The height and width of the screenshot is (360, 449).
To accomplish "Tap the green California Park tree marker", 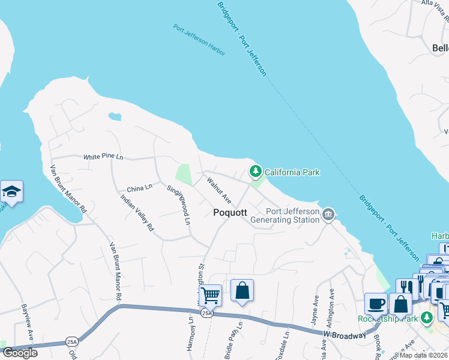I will tap(256, 172).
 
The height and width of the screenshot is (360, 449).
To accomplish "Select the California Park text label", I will tap(292, 173).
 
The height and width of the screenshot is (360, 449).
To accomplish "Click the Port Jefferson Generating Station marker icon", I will tap(328, 214).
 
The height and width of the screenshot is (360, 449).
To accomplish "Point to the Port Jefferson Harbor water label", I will tap(199, 40).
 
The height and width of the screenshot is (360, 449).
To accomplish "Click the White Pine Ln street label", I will tap(103, 157).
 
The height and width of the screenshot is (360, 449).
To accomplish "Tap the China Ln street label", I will tap(139, 188).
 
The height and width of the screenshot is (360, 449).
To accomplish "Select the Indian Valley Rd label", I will tap(137, 213).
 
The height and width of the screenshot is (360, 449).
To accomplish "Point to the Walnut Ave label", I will tap(218, 189).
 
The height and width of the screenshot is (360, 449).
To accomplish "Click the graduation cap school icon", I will tap(11, 192).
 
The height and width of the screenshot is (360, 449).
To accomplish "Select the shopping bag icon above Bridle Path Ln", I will tap(241, 291).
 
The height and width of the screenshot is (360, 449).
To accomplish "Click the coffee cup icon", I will tap(376, 304).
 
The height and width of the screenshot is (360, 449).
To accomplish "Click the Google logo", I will tap(20, 353).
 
